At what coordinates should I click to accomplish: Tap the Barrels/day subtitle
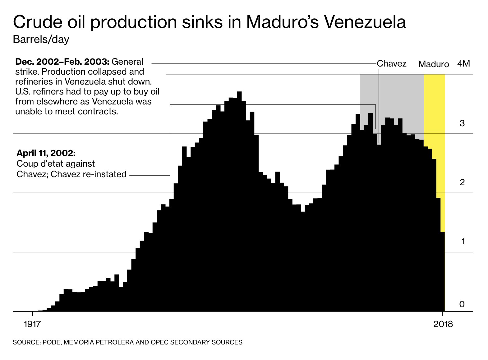coord(41,40)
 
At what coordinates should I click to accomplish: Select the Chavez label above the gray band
coord(391,64)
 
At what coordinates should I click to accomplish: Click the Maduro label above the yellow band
coord(433,64)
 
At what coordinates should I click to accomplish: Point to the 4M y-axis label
coord(463,64)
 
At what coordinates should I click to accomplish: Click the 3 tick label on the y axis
coord(462,123)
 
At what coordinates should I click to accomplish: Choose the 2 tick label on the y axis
coord(462,182)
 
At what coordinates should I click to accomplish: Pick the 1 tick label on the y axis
coord(463,242)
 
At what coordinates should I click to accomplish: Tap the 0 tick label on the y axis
coord(462,304)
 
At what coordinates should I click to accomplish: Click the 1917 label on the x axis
coord(32,324)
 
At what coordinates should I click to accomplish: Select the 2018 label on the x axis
coord(443,324)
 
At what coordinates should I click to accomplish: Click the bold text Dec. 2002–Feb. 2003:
coord(62,62)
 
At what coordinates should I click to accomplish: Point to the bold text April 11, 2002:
coord(46,153)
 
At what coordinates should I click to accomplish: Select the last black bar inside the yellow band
coord(443,270)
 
